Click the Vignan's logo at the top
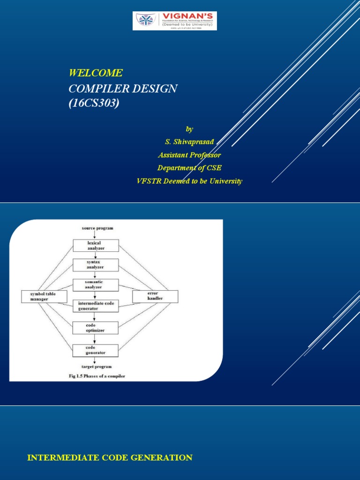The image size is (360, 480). (174, 21)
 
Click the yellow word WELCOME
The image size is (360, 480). (96, 73)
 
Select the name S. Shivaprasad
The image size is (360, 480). (186, 142)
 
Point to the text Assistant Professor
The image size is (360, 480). (189, 155)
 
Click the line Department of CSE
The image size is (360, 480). (189, 168)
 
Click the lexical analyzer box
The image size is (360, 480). (96, 246)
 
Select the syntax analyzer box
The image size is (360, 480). (96, 264)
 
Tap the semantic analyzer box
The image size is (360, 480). (96, 284)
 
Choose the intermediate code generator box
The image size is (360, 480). (96, 306)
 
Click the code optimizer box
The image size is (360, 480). (96, 328)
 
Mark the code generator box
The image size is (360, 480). (96, 350)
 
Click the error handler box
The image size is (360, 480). (155, 296)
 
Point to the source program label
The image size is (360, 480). (97, 228)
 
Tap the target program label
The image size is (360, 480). (96, 367)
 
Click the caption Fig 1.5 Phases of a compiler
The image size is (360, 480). (97, 376)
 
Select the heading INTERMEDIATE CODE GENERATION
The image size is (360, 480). (110, 458)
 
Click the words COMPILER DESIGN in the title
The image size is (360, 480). (123, 89)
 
